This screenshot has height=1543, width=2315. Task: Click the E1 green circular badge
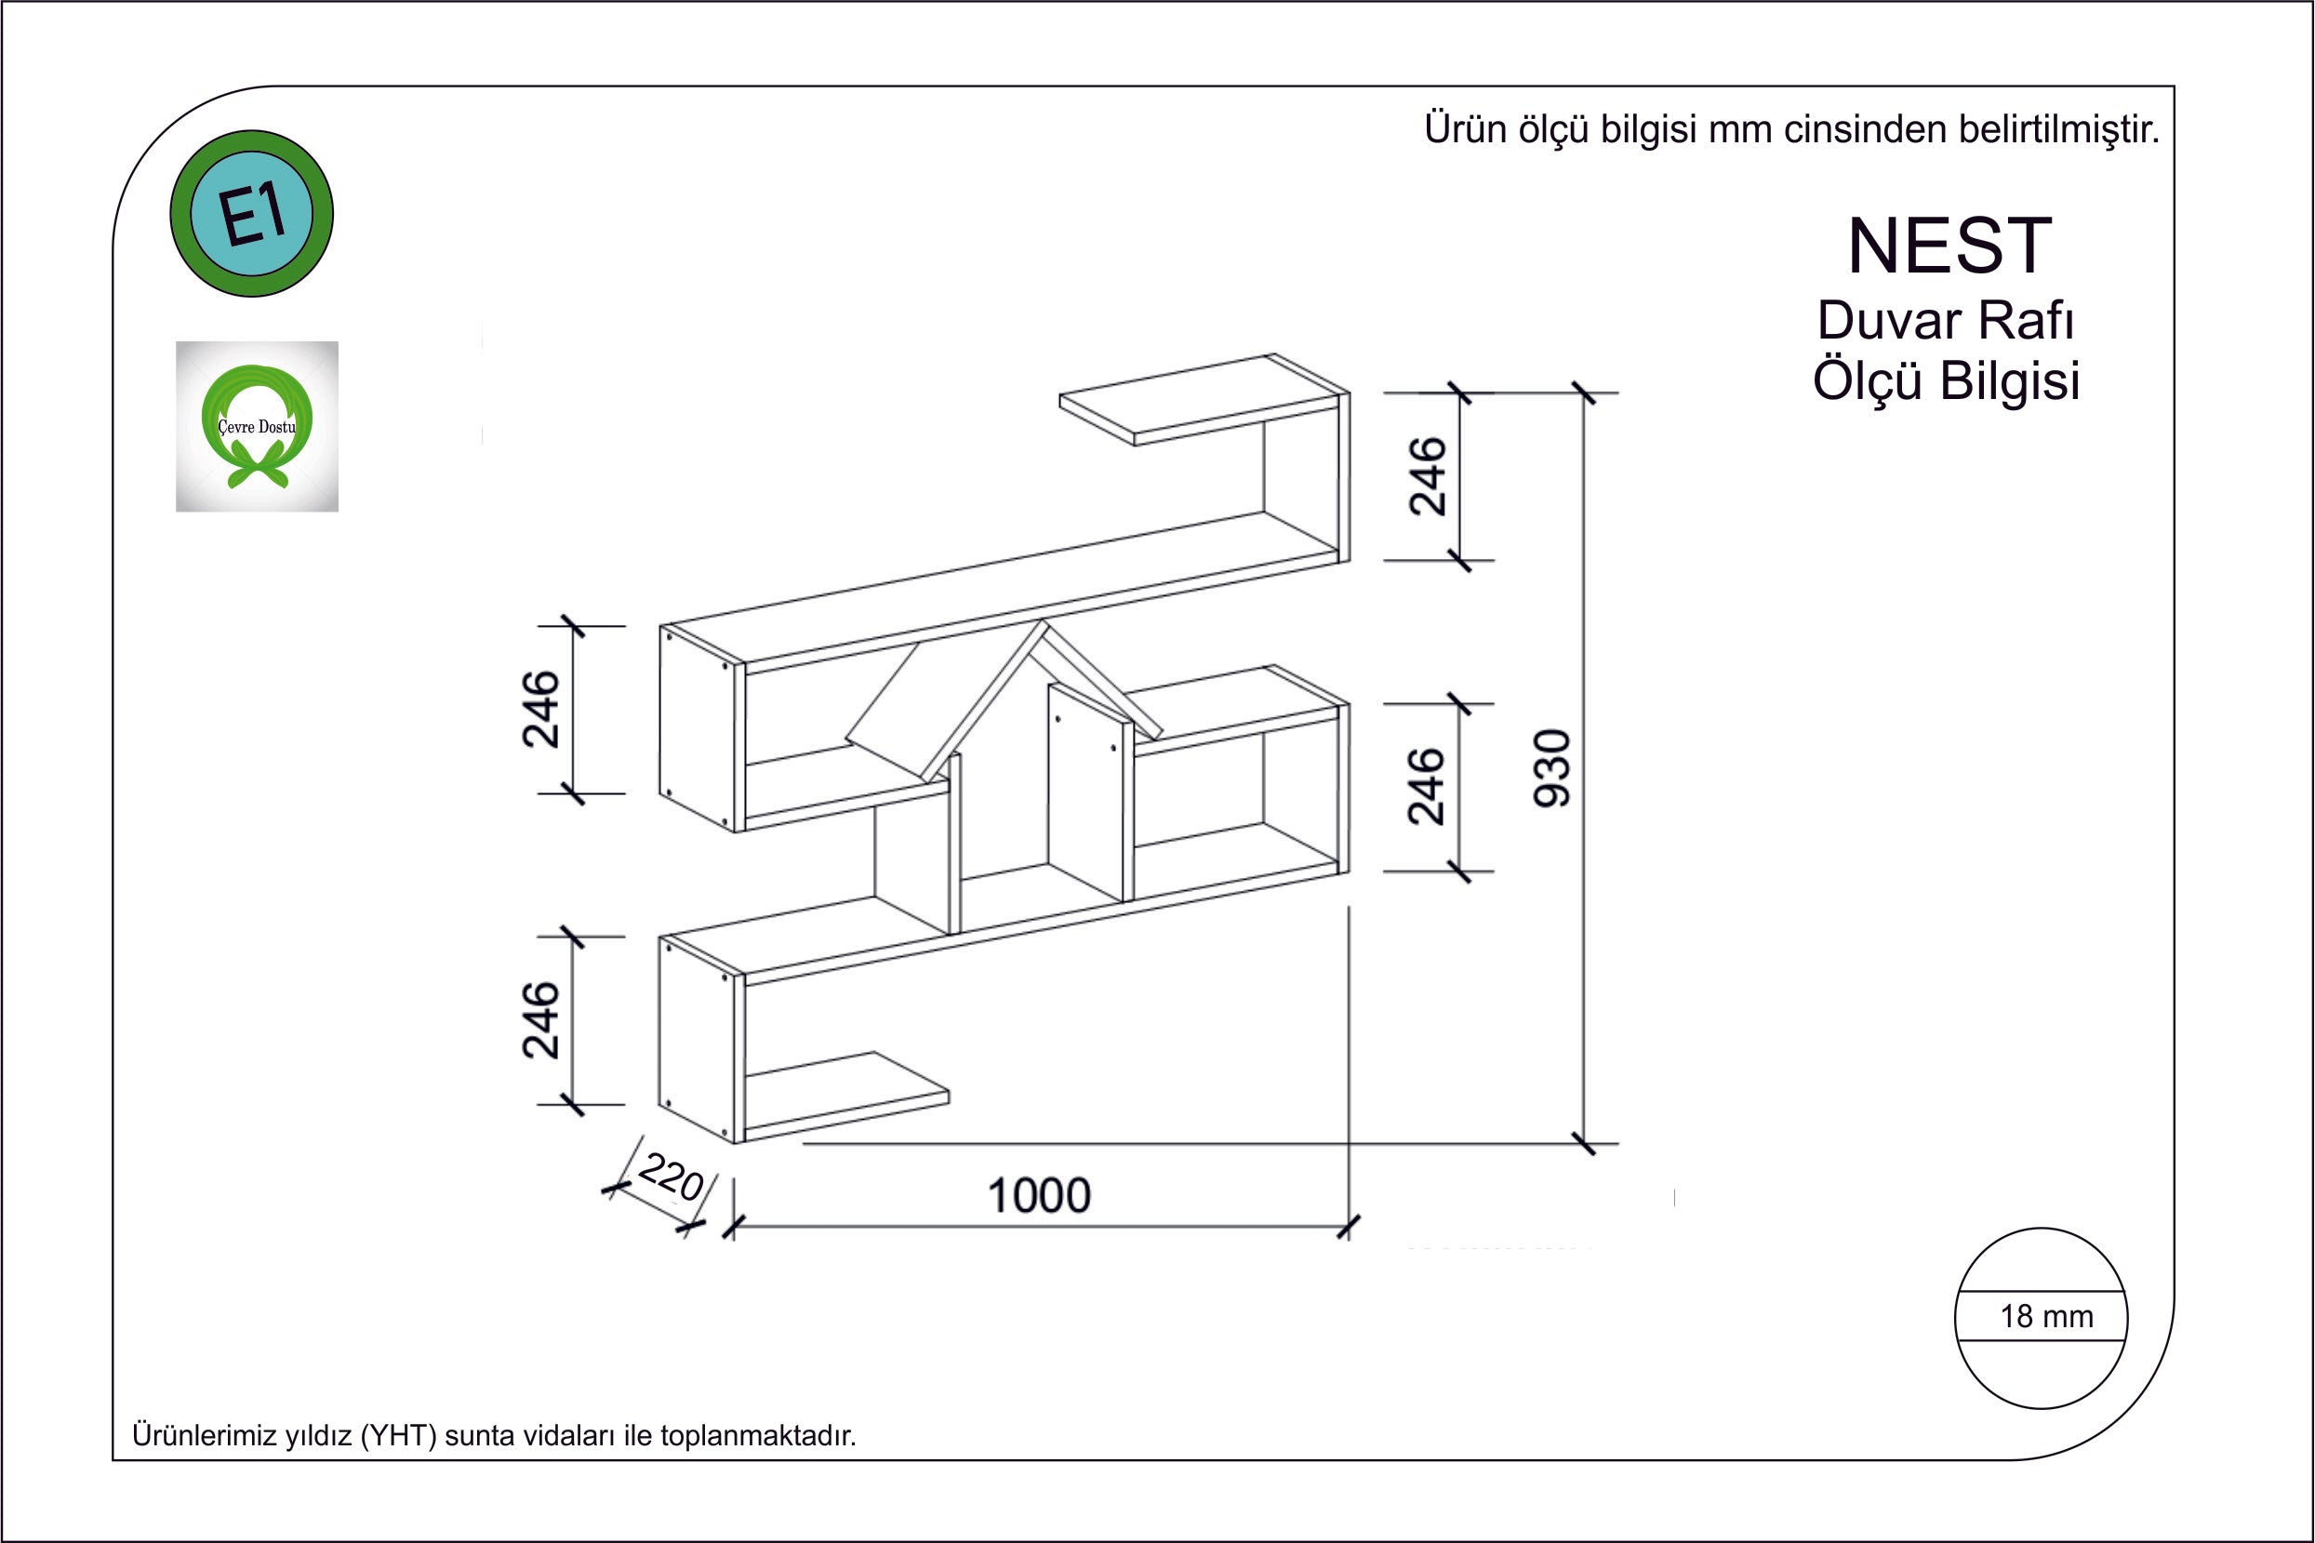pyautogui.click(x=252, y=214)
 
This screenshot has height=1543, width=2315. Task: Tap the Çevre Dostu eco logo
pyautogui.click(x=257, y=426)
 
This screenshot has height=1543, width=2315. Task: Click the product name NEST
pyautogui.click(x=1949, y=246)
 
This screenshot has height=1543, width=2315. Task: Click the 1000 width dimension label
pyautogui.click(x=1039, y=1196)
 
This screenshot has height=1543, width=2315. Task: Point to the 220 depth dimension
pyautogui.click(x=671, y=1177)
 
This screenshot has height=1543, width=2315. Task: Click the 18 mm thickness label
pyautogui.click(x=2046, y=1317)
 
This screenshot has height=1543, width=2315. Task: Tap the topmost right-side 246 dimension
pyautogui.click(x=1428, y=476)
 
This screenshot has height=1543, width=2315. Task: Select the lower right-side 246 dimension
pyautogui.click(x=1428, y=785)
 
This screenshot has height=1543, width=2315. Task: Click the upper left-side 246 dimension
pyautogui.click(x=540, y=710)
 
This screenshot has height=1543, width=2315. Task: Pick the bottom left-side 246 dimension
pyautogui.click(x=540, y=1019)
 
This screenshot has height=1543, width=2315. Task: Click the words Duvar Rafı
pyautogui.click(x=1946, y=321)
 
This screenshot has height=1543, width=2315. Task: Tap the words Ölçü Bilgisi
pyautogui.click(x=1946, y=380)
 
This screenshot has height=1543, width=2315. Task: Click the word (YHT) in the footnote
pyautogui.click(x=398, y=1436)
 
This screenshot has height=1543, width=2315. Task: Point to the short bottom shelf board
pyautogui.click(x=847, y=1097)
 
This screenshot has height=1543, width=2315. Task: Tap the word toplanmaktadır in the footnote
pyautogui.click(x=758, y=1436)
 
